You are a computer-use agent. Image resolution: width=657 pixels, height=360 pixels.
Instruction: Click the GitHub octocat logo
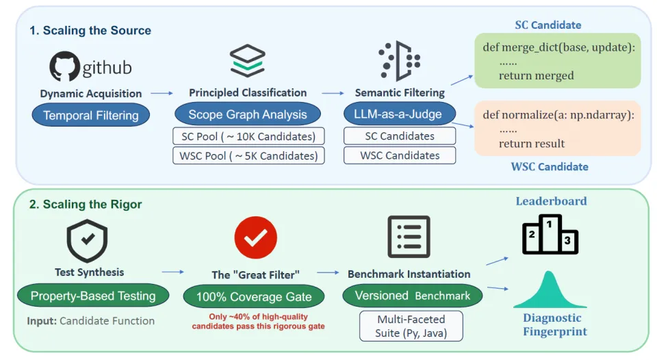pos(65,67)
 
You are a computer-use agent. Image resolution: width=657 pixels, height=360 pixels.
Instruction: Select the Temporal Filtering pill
pos(91,116)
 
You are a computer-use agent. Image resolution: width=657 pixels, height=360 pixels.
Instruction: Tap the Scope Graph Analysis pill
pos(248,115)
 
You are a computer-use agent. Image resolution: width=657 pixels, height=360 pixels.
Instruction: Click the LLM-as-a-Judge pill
pos(400,114)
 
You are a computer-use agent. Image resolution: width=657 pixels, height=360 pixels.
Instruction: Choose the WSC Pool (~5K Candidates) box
pos(248,155)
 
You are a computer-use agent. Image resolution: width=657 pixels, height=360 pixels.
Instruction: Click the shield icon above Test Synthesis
pos(87,240)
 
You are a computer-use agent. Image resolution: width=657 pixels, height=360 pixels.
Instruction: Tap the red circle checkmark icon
pos(255,237)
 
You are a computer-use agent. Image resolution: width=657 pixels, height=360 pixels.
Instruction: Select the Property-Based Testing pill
pos(93,296)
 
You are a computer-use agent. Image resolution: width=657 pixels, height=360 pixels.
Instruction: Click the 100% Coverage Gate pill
pos(254,297)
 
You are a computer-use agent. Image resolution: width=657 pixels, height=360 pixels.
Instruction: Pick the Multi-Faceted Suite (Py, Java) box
pos(411,326)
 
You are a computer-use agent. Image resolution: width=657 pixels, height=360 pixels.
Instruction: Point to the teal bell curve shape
pos(551,290)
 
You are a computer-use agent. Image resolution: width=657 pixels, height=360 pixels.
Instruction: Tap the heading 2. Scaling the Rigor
pos(86,204)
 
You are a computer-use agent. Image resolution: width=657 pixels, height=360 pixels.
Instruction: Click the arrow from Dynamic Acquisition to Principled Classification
pos(162,93)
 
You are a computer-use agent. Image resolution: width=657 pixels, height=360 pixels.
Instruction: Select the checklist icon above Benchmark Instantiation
pos(409,237)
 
